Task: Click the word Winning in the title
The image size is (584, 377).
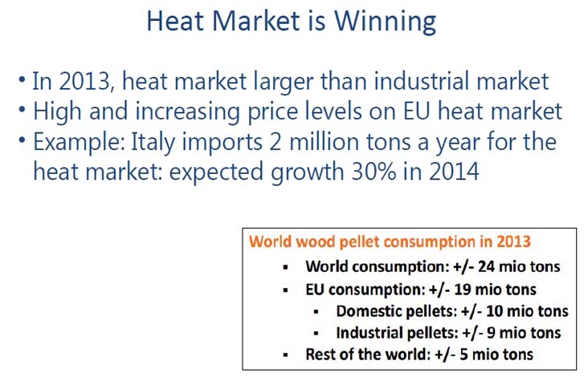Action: (x=385, y=22)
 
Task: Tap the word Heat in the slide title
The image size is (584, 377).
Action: (x=176, y=20)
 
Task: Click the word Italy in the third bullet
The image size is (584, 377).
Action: (x=153, y=143)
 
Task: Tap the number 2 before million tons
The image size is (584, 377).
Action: (x=276, y=142)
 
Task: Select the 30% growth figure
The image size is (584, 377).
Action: (x=374, y=172)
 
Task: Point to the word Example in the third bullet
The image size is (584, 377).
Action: (x=80, y=143)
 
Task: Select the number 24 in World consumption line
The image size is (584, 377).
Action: (x=486, y=266)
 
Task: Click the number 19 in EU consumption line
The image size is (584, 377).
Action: (x=463, y=290)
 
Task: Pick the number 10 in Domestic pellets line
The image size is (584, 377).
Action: (x=495, y=310)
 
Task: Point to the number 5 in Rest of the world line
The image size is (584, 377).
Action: (x=464, y=354)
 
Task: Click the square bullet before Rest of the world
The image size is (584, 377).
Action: (x=286, y=355)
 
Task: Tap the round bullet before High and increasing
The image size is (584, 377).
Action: (x=22, y=109)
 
